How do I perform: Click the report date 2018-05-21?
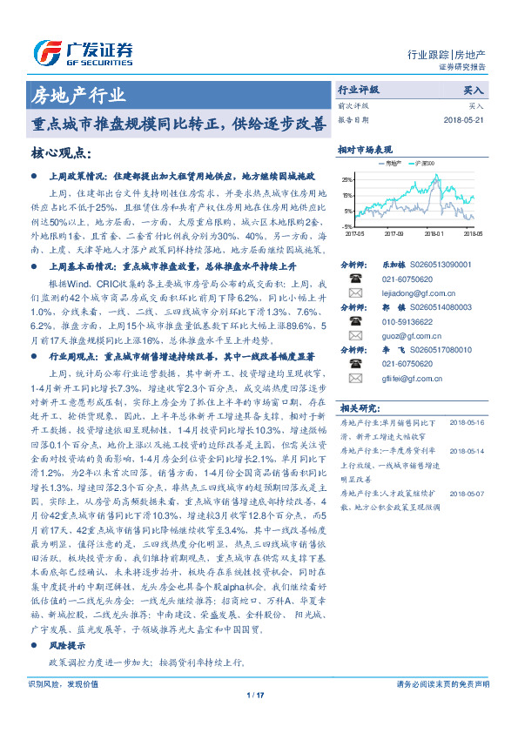click(461, 119)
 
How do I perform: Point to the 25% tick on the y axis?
click(347, 178)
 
